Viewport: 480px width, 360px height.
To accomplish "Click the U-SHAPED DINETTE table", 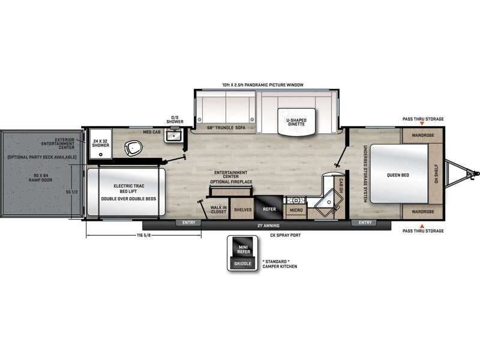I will pos(296,122).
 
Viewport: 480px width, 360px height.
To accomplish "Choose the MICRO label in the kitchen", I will pos(295,210).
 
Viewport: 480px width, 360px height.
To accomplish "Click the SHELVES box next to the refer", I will pos(242,209).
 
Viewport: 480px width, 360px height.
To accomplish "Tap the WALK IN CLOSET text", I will pos(218,209).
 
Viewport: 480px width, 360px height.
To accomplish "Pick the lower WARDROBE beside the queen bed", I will pos(422,212).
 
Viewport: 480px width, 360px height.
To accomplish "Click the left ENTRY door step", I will pos(189,223).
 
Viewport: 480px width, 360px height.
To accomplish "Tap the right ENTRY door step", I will pos(365,223).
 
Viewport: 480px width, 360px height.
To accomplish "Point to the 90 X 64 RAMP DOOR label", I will pos(40,179).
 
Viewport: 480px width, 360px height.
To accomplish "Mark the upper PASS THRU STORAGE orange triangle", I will pos(422,124).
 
